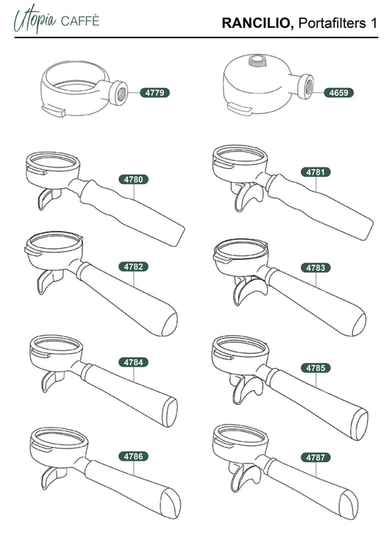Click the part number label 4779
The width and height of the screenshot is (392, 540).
tap(154, 93)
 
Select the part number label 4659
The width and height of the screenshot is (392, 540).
tap(338, 93)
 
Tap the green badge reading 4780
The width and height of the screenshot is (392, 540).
tap(133, 179)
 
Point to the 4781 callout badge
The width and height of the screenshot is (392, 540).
tap(316, 172)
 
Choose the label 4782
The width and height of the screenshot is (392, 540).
tap(133, 267)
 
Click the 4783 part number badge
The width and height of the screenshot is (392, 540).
tap(316, 267)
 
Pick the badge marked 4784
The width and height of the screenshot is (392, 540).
tap(133, 362)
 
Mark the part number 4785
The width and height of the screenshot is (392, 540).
tap(316, 368)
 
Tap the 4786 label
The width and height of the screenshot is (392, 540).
tap(133, 456)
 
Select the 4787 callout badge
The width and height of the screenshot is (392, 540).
tap(316, 457)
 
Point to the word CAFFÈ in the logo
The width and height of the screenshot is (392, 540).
tap(80, 21)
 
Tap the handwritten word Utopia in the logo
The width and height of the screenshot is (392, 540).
tap(35, 19)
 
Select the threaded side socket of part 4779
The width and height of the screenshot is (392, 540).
tap(120, 93)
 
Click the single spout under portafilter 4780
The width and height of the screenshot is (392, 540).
tap(47, 198)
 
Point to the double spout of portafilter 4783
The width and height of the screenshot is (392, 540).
tap(249, 289)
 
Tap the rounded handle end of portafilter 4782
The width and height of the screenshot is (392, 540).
tap(169, 323)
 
